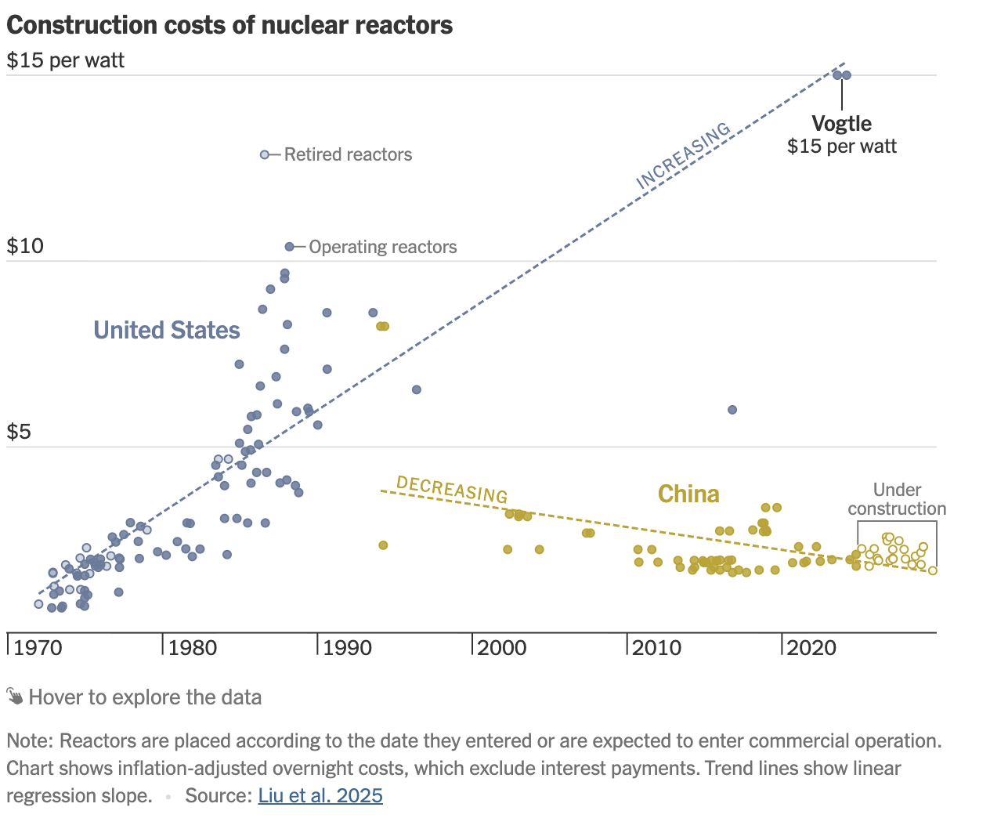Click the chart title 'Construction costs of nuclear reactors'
coord(229,25)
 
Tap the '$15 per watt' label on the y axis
coord(66,60)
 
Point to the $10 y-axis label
coord(26,246)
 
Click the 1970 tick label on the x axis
coord(39,648)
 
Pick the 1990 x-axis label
coord(348,648)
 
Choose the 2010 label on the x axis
coord(657,648)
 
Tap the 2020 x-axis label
coord(811,648)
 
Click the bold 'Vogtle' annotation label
coord(842,124)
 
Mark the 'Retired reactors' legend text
coord(348,155)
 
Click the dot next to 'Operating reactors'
coord(289,247)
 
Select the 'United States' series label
coord(167,330)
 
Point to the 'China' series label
coord(688,494)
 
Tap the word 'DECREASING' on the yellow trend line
coord(452,489)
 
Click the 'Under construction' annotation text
coord(897,499)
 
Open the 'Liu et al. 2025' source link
coord(320,796)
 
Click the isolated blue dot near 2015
coord(732,410)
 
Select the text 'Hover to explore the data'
coord(145,697)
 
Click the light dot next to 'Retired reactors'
coord(265,155)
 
